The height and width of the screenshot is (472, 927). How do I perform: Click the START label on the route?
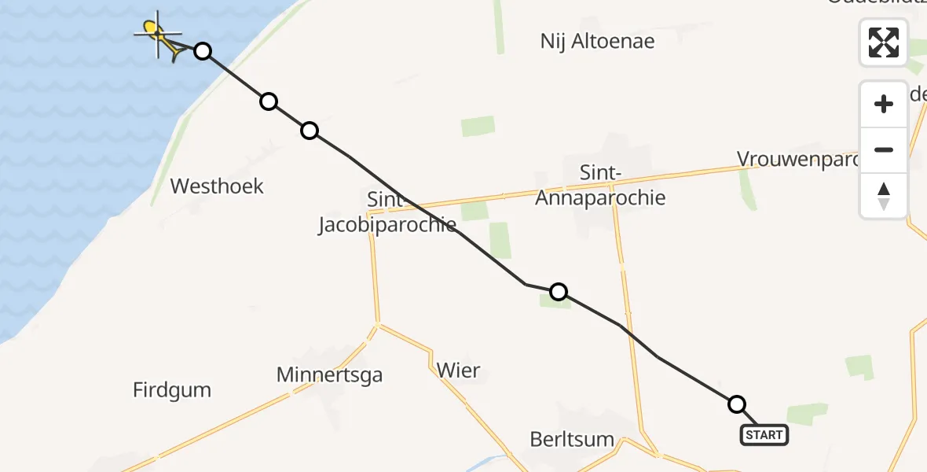pos(764,435)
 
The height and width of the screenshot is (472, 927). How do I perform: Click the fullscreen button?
pos(884,42)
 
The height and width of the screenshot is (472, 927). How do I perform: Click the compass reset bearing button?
pos(884,196)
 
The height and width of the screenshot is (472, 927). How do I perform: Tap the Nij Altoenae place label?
pos(597,41)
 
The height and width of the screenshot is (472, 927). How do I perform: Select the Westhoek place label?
pos(217,186)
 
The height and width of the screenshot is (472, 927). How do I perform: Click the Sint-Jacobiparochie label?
pos(387,212)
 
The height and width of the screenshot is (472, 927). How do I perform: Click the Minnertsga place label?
pos(329,375)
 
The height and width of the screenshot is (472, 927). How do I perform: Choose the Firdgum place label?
pos(172,390)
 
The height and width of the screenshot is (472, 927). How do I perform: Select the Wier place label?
pos(458,370)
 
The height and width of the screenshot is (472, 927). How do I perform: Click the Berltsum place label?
pos(572,439)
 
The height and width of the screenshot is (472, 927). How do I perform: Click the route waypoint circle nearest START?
pos(737,404)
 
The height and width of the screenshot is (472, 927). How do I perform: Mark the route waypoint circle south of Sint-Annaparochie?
pos(558,293)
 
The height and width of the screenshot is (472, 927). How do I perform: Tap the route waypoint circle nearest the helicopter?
pos(203,51)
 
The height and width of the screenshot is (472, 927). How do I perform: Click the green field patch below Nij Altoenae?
pos(478,126)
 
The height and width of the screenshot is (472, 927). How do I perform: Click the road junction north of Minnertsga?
pos(378,323)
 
